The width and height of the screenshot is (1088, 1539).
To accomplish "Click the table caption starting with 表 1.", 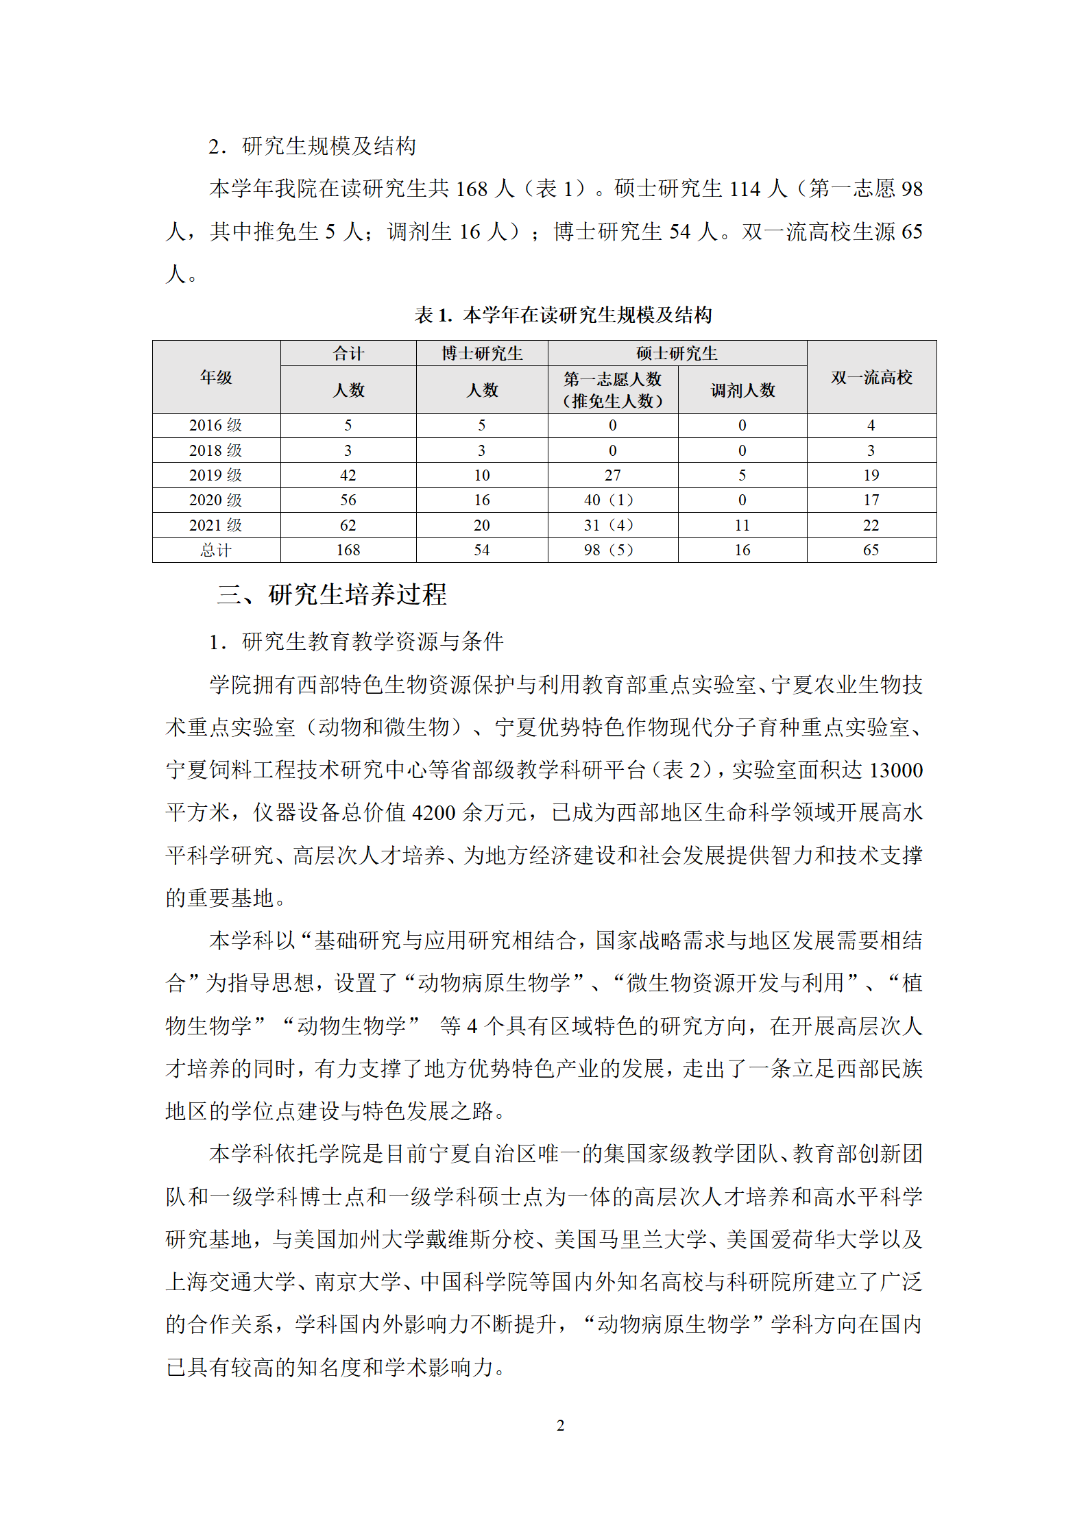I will (563, 315).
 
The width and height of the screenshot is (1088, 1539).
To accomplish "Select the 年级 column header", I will (216, 377).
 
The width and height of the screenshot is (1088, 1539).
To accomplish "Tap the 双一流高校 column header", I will (871, 377).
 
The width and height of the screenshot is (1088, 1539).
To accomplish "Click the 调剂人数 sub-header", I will (742, 390).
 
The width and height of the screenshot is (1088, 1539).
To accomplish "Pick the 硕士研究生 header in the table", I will (677, 353).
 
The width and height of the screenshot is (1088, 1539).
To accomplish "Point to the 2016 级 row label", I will (216, 425).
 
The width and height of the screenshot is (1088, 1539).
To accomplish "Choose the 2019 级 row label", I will (216, 475).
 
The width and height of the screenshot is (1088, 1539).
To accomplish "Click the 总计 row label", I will (216, 550).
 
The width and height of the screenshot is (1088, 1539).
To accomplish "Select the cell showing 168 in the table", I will (348, 550).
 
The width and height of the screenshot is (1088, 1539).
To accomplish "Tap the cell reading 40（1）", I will (609, 500).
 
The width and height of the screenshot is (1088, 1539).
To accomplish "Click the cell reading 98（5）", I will (609, 550).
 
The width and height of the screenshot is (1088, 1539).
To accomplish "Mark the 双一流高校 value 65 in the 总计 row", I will (871, 550).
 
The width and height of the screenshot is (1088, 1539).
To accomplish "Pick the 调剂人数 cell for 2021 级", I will (742, 525).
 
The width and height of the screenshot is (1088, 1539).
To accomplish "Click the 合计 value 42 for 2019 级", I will (348, 475).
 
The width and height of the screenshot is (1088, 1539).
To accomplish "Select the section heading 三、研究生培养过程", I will (332, 594).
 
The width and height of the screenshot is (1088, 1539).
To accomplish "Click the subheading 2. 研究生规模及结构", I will (313, 146).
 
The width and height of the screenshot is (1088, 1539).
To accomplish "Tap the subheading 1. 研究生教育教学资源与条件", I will (356, 642).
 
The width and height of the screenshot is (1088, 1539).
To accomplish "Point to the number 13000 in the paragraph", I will (895, 770).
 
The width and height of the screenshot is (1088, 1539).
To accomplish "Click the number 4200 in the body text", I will (434, 812).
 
